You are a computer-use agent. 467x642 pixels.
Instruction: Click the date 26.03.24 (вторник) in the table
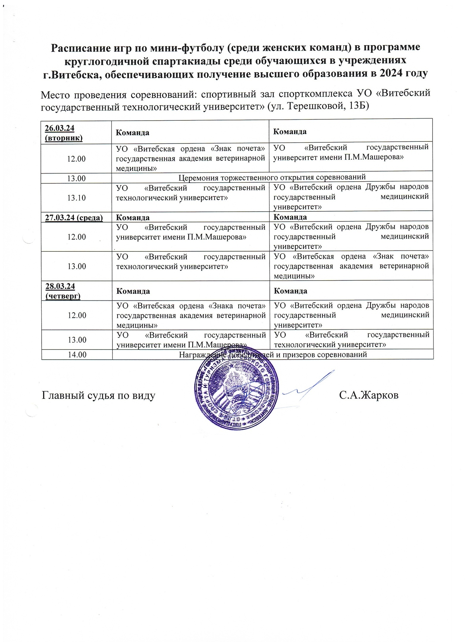tap(63, 133)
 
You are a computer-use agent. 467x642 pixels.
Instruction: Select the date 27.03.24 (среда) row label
tap(74, 217)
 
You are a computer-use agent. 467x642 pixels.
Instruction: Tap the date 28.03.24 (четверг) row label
tap(63, 290)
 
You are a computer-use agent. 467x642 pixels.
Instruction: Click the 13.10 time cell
tap(76, 198)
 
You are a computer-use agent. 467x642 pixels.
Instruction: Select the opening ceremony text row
tap(272, 177)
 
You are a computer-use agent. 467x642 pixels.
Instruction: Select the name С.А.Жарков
tap(369, 395)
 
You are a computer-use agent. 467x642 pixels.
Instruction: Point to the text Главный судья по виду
tap(98, 396)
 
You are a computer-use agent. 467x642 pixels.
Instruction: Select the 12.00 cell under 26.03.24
tap(76, 159)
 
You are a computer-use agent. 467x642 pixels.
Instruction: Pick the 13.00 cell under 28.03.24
tap(77, 340)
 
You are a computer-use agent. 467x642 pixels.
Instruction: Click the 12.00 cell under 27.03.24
tap(76, 237)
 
